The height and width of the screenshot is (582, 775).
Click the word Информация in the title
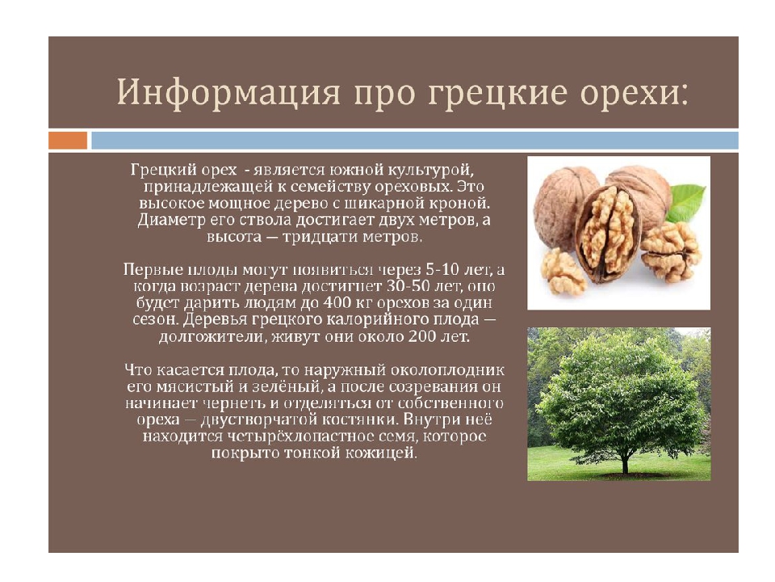click(x=228, y=92)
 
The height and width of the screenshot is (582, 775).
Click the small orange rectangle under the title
click(x=68, y=140)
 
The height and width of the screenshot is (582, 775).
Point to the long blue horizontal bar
click(x=415, y=140)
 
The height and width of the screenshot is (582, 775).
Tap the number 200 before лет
click(x=422, y=336)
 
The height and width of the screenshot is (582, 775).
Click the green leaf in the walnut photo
click(x=686, y=202)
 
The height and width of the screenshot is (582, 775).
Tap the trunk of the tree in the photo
click(x=625, y=462)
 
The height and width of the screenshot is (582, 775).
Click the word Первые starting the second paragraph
click(x=151, y=270)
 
